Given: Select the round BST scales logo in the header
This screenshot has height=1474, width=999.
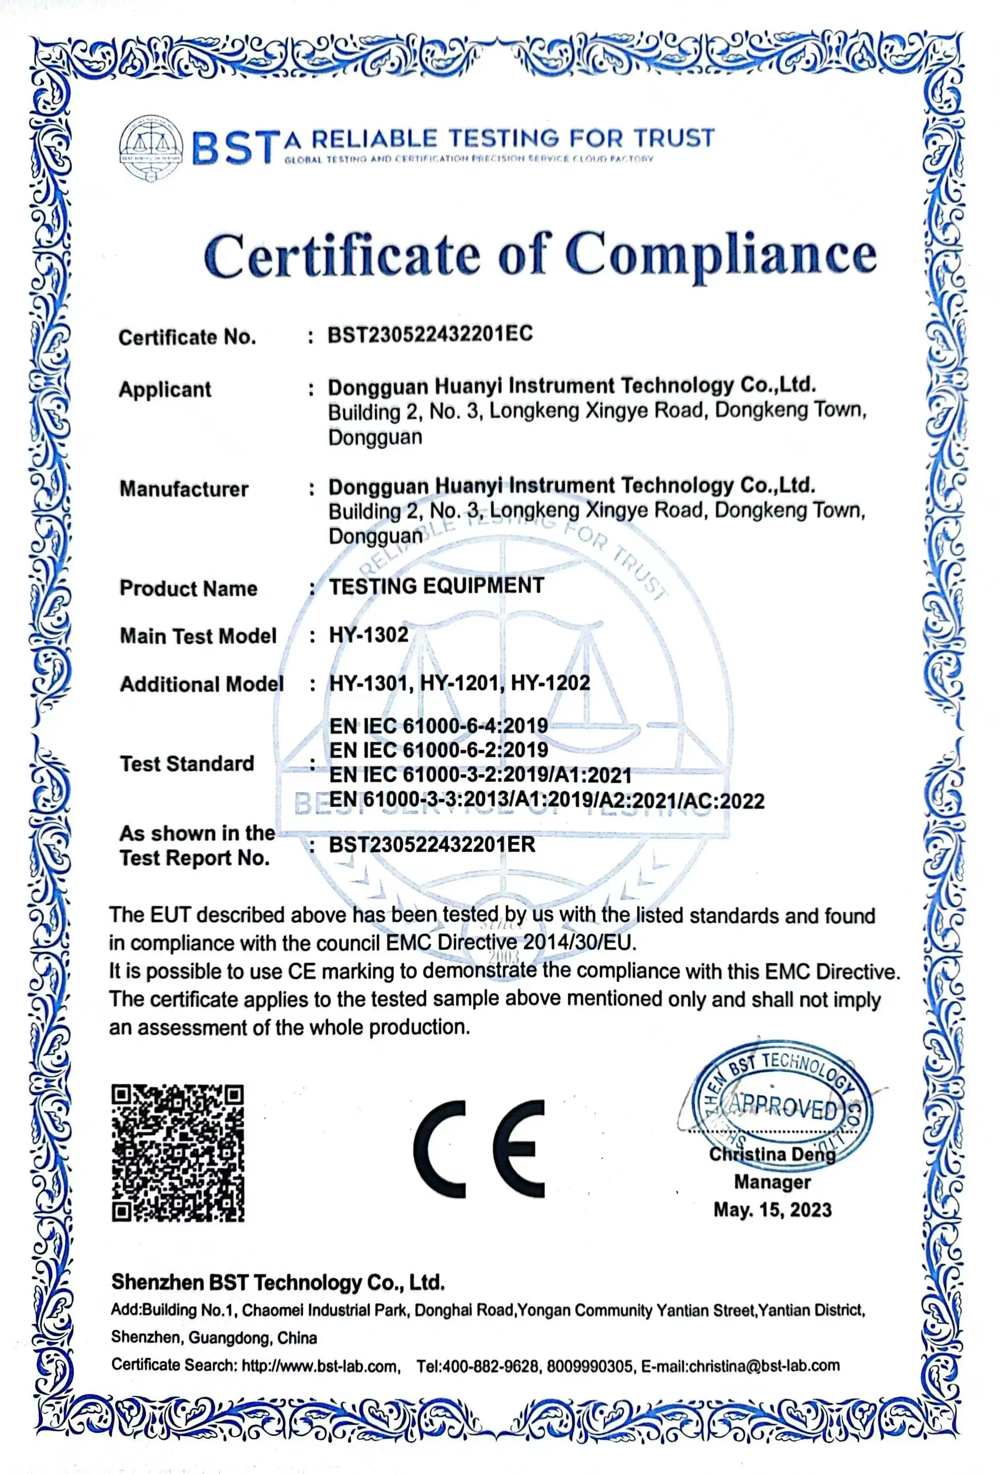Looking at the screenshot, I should (x=151, y=148).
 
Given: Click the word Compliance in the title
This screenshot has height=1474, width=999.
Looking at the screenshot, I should (x=721, y=255).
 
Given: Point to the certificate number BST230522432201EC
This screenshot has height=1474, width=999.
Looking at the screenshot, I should (x=430, y=334).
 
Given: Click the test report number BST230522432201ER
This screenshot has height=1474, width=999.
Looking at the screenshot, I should (x=432, y=845).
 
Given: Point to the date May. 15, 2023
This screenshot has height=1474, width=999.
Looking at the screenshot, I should (x=772, y=1210).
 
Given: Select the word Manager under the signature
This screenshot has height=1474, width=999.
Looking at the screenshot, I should (x=772, y=1182).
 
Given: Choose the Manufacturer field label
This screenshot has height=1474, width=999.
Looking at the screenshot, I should (x=184, y=489).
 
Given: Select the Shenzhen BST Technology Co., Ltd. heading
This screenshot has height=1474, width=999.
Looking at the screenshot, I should (x=278, y=1282).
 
